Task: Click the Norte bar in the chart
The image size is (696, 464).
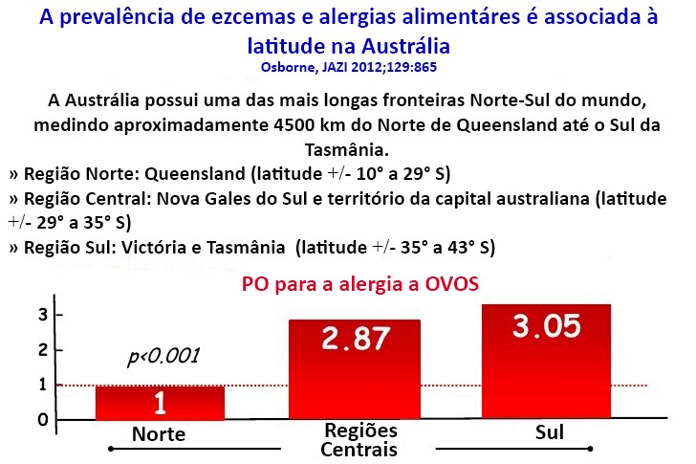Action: [160, 403]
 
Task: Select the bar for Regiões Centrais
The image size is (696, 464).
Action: [354, 369]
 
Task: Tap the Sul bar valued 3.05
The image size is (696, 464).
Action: [546, 362]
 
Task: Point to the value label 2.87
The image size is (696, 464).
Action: [356, 339]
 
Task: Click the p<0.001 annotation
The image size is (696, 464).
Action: [163, 356]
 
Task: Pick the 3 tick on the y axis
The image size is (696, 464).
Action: [43, 315]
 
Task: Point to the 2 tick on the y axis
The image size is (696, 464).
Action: [43, 350]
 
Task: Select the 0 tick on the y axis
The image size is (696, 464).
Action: [43, 419]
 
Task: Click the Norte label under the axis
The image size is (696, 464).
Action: [159, 434]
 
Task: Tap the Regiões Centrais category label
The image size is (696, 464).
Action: [359, 440]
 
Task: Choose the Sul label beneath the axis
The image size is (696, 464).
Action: [550, 432]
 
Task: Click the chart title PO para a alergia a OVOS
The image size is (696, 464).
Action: [360, 284]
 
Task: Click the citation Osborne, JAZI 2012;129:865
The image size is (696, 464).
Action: [348, 67]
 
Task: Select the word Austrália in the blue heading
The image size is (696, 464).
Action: [405, 46]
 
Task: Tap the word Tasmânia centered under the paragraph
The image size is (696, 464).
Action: [347, 150]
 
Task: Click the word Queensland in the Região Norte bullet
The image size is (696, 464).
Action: [195, 173]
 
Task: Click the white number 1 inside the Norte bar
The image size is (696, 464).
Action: [160, 403]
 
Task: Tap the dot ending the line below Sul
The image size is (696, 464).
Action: [590, 449]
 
